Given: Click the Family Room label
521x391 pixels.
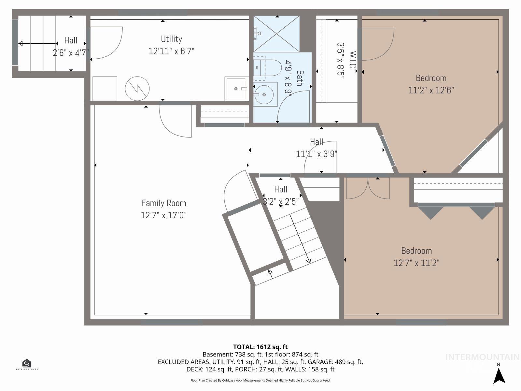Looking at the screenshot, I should (163, 203).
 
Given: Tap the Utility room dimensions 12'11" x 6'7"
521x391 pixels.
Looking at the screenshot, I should (171, 51).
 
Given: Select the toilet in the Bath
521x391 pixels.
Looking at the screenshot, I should (268, 67).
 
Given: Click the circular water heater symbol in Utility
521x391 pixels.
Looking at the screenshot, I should (137, 88).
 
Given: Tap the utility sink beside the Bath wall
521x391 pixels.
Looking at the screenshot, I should (236, 88).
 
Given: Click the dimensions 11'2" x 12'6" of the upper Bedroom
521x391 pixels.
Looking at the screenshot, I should (431, 90).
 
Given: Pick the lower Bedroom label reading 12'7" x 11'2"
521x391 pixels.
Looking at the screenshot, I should (416, 263).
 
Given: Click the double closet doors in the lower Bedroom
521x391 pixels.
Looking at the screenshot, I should (368, 188).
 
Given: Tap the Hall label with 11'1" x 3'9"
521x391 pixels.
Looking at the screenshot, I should (316, 153).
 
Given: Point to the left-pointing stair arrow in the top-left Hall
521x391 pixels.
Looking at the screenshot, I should (36, 43).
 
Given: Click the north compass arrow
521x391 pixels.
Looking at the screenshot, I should (499, 375).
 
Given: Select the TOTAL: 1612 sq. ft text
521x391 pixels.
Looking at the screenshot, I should (260, 347).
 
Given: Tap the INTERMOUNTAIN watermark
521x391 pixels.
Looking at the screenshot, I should (482, 357).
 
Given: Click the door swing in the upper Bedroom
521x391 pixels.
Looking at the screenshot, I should (378, 44).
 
